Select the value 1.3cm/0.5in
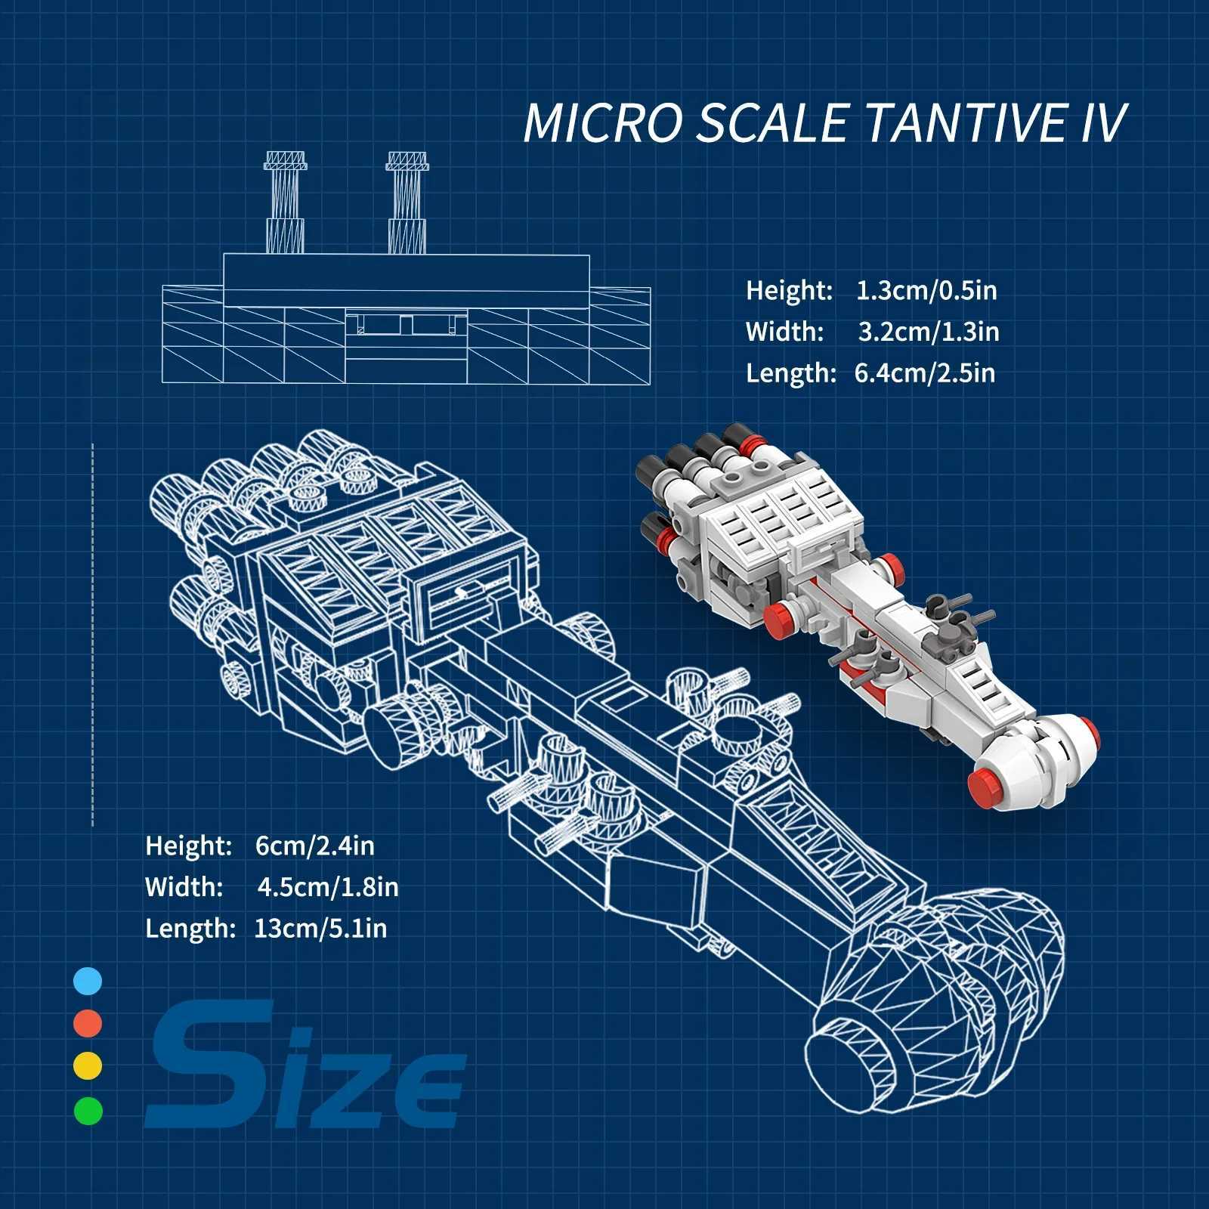pos(926,290)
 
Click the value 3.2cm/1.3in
pos(928,332)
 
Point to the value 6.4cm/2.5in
pos(924,373)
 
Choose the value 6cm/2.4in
pos(314,846)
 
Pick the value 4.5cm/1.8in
pos(327,887)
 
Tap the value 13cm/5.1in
pos(320,929)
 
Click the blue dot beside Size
pos(88,982)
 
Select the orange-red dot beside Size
pos(88,1024)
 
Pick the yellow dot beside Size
pos(88,1066)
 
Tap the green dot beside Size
pos(88,1110)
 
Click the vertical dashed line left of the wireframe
pos(93,635)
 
